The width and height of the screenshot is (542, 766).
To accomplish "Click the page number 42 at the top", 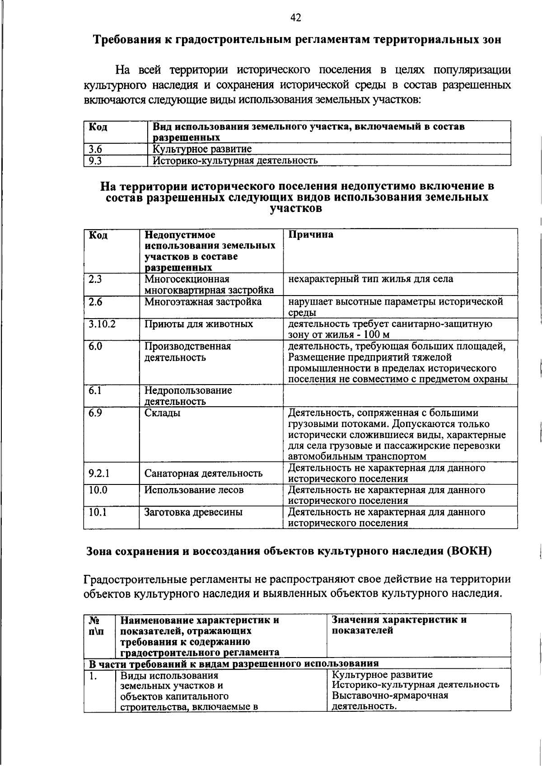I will [x=295, y=18].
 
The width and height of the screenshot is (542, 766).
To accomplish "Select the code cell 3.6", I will [x=95, y=149].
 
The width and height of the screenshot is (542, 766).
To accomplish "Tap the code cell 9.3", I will [x=95, y=160].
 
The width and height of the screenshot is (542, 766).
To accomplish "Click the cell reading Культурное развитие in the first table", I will [x=202, y=149].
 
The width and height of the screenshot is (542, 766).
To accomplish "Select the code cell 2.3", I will [x=95, y=279].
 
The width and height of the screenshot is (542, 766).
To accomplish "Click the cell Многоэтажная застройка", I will [x=203, y=301].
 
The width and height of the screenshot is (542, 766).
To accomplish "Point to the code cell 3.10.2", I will [x=102, y=324].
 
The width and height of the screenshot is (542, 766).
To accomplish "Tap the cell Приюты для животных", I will [x=198, y=324].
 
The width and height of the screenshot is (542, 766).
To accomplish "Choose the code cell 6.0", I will [x=95, y=346].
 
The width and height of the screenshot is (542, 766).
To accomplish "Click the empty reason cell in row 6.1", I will [x=400, y=395].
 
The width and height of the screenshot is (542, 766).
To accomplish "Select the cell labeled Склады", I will [x=162, y=413].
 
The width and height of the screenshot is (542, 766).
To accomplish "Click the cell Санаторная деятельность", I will [x=203, y=473].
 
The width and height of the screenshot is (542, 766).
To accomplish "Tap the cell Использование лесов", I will [x=194, y=490].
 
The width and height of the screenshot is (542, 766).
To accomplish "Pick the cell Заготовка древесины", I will [x=193, y=512].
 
